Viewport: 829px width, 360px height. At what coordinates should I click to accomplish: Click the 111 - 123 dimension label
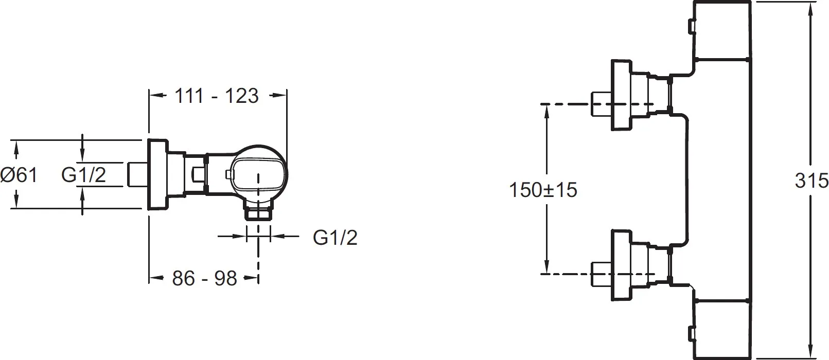[216, 96]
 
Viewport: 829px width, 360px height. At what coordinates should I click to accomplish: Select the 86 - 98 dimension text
[204, 278]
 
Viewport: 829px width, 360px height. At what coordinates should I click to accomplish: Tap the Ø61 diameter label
[19, 175]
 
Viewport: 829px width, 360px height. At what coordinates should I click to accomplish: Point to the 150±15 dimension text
[543, 190]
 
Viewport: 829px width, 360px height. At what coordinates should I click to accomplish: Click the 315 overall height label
[812, 181]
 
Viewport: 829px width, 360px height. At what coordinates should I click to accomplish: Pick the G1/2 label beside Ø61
[84, 175]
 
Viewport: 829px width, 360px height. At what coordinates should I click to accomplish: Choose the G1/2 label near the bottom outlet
[336, 238]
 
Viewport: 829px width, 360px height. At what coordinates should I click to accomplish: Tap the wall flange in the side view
[158, 175]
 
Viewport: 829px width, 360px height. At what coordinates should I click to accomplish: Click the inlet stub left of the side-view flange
[138, 175]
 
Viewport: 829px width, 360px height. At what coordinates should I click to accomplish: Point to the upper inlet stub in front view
[601, 104]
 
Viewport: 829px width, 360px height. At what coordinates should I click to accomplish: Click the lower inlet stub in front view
[601, 274]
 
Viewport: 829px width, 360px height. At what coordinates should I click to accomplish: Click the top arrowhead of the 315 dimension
[811, 7]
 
